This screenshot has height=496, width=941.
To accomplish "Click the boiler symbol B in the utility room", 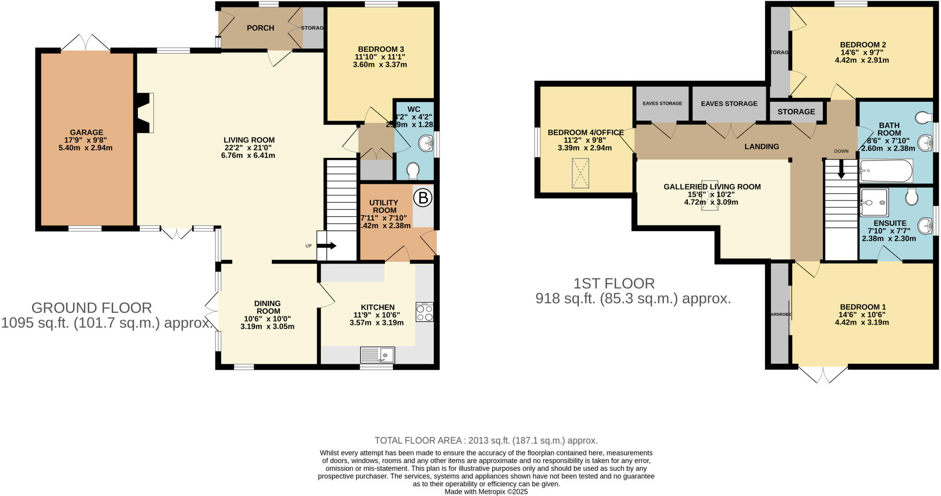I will tap(423, 198).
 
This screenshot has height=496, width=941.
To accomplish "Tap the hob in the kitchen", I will tap(424, 312).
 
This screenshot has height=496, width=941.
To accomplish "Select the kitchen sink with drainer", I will tap(377, 355).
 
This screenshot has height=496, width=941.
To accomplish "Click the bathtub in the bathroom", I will tap(886, 171).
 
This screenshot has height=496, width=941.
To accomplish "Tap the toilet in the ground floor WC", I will tap(413, 171).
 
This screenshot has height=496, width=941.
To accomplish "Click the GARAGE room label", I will tap(86, 132).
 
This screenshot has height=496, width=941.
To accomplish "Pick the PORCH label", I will tap(260, 28).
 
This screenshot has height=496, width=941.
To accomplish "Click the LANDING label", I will tap(762, 147).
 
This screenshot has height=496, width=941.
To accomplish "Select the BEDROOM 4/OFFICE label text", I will tap(585, 133).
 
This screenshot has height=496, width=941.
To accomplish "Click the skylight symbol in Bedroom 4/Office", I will tap(580, 173).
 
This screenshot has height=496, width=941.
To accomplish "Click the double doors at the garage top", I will tap(85, 43).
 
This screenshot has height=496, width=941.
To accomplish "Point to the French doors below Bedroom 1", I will tap(822, 374).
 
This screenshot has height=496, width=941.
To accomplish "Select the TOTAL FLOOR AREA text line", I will tap(486, 440).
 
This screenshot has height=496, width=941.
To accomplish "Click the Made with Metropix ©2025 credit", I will tap(486, 491).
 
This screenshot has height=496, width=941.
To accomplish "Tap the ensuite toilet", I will tap(912, 197).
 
